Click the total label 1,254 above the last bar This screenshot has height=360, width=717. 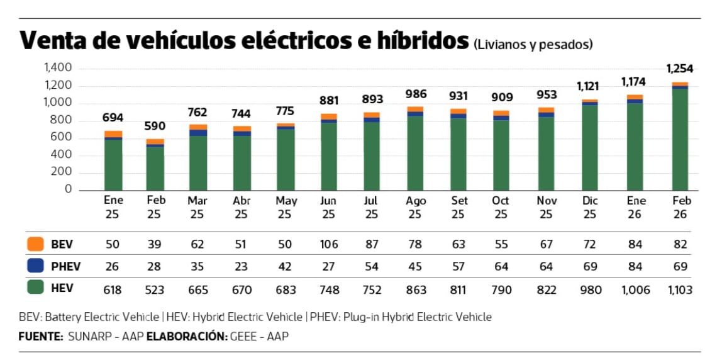point(679,69)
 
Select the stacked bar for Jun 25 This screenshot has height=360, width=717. point(329,153)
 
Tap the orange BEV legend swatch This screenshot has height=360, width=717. point(35,244)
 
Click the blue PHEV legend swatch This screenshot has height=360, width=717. point(35,266)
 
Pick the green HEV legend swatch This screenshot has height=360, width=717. point(35,288)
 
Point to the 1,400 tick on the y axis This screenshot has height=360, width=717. point(58,68)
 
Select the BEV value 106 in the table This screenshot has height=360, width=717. point(329,244)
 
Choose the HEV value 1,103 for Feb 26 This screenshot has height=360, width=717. point(679,290)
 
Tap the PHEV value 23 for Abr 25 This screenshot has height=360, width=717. point(242,267)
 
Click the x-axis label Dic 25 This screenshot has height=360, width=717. point(589,207)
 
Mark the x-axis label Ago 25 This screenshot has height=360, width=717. point(416,207)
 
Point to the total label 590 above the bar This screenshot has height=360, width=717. point(156,126)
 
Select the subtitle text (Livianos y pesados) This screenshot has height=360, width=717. point(533,44)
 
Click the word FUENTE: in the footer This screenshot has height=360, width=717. point(41,336)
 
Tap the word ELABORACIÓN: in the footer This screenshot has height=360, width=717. point(186,336)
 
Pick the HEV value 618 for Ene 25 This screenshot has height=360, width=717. point(113,290)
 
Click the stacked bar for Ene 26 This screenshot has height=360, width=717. point(635,143)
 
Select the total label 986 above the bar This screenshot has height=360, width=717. point(416,94)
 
